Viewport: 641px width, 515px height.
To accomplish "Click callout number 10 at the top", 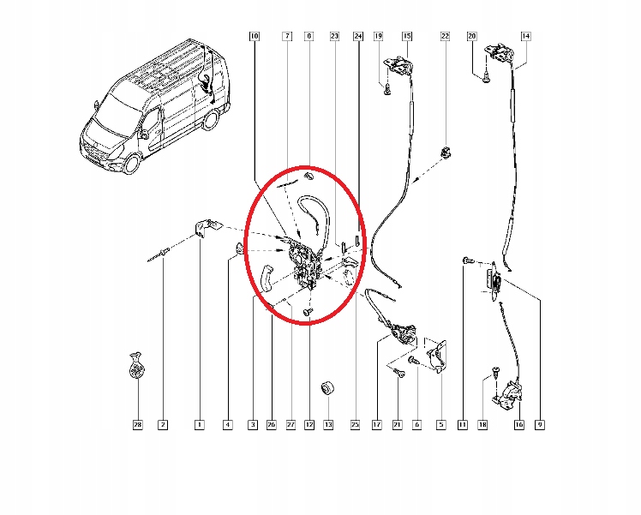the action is [x=255, y=36].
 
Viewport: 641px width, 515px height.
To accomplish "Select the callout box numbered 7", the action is [x=287, y=36].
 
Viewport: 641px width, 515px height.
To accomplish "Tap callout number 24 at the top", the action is [x=358, y=36].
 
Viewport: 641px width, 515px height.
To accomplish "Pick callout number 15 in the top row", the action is [x=407, y=36].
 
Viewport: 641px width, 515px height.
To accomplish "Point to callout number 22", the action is [x=445, y=36].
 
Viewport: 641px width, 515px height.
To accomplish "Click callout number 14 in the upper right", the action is [x=525, y=36].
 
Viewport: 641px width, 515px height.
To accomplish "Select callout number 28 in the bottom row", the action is [x=138, y=425].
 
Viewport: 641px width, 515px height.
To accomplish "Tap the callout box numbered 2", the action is [x=163, y=425].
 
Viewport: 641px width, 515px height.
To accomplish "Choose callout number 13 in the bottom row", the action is [x=328, y=425].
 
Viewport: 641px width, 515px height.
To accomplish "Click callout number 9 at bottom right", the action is [x=540, y=425].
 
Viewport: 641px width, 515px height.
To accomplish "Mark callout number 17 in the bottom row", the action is [x=376, y=425].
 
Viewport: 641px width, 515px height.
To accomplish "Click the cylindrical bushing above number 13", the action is [x=328, y=388].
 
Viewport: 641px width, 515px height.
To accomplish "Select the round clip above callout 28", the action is [x=136, y=365].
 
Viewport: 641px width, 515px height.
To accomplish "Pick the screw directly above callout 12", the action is [x=308, y=312].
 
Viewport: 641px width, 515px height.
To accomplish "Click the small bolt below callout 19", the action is [x=387, y=89].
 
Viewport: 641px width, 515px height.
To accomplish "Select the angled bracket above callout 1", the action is [x=207, y=228].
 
